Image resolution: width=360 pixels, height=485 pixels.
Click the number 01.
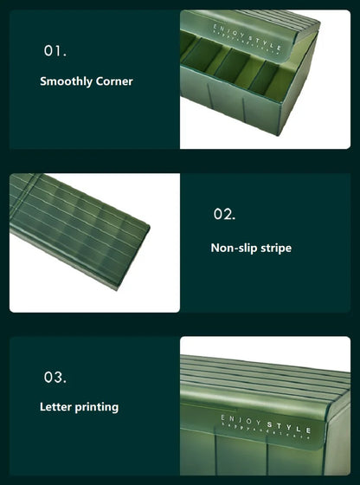(x=55, y=51)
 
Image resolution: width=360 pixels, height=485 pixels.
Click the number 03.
(x=55, y=378)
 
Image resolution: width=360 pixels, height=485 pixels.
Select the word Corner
(x=115, y=81)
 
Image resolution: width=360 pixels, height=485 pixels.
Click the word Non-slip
(x=233, y=248)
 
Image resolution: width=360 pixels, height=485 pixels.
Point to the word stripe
(x=275, y=248)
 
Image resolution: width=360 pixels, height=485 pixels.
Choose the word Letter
(x=56, y=406)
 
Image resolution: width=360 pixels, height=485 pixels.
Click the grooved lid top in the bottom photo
(x=268, y=377)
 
